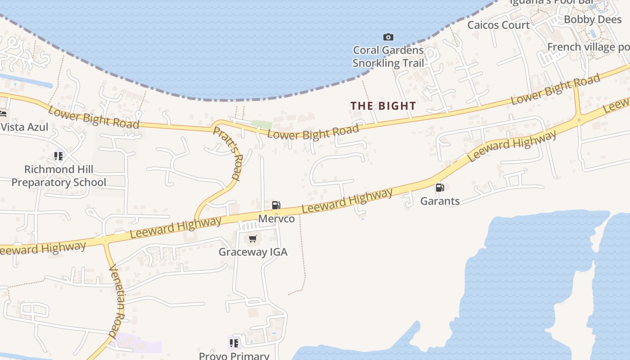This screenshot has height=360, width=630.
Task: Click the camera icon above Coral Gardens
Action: pyautogui.click(x=388, y=37)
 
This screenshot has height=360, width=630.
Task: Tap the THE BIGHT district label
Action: pyautogui.click(x=383, y=106)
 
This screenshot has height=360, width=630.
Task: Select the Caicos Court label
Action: pyautogui.click(x=498, y=25)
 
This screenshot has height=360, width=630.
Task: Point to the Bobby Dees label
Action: pyautogui.click(x=593, y=19)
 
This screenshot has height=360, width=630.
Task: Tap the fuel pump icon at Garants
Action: pyautogui.click(x=440, y=187)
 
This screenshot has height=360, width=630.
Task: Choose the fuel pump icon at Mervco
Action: pyautogui.click(x=276, y=205)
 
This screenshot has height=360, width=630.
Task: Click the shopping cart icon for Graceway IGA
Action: pyautogui.click(x=252, y=238)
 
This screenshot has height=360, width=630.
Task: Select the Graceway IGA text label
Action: pyautogui.click(x=253, y=252)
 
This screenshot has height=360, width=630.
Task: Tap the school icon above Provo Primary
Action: pyautogui.click(x=234, y=343)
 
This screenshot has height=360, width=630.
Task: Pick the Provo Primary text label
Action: pyautogui.click(x=234, y=355)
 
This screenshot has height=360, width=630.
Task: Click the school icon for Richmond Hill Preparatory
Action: pyautogui.click(x=58, y=156)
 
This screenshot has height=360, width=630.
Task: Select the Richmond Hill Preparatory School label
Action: pyautogui.click(x=58, y=176)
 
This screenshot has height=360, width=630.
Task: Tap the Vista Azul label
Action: pyautogui.click(x=24, y=127)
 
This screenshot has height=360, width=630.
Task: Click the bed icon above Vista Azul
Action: pyautogui.click(x=3, y=114)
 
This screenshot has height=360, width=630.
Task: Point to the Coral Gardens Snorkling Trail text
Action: pyautogui.click(x=388, y=56)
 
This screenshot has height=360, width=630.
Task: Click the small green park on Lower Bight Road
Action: pyautogui.click(x=261, y=124)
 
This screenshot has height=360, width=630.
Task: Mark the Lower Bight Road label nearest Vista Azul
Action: pyautogui.click(x=94, y=117)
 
